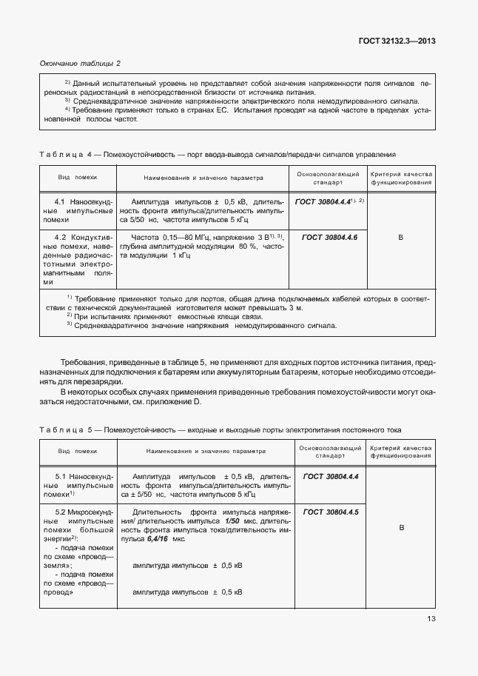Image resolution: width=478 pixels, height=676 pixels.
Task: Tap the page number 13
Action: click(x=431, y=620)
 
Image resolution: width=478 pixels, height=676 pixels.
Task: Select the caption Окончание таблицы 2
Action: click(x=79, y=64)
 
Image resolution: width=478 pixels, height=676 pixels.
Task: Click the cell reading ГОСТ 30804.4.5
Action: click(x=331, y=512)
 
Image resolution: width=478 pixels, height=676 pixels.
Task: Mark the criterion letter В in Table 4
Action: click(x=400, y=237)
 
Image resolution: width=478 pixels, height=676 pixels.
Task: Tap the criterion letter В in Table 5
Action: click(x=400, y=528)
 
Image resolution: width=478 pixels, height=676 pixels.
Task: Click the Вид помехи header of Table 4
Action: click(x=78, y=178)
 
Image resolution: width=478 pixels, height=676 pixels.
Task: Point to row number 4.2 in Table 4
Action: click(x=61, y=237)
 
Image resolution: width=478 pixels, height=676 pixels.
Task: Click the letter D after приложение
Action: click(x=198, y=401)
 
